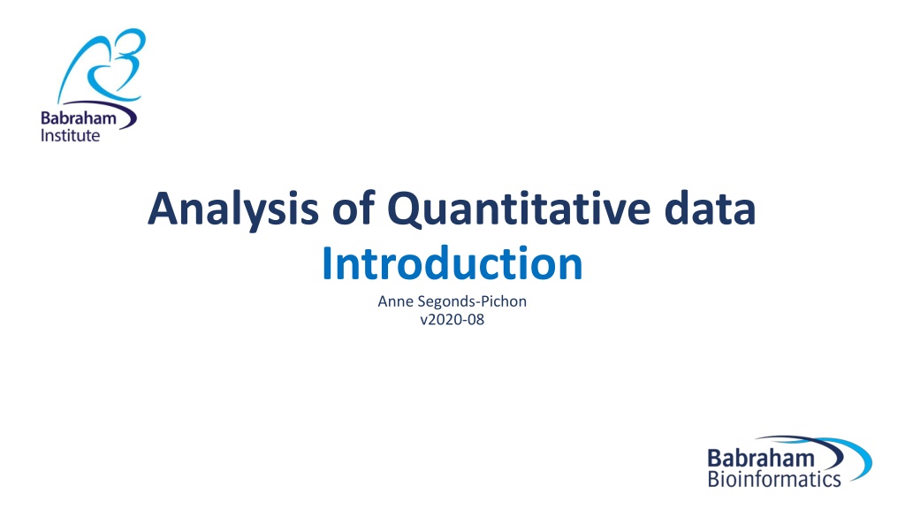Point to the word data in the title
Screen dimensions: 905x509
coord(710,208)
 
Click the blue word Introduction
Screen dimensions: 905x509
coord(452,263)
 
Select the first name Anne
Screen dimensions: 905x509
coord(395,301)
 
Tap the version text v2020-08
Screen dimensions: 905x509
coord(452,319)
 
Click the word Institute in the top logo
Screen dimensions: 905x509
coord(71,135)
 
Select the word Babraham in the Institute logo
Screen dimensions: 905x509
coord(79,118)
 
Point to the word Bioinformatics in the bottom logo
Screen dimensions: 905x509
coord(774,479)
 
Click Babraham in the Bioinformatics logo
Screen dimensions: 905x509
coord(761,459)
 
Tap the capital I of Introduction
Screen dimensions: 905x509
coord(327,263)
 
